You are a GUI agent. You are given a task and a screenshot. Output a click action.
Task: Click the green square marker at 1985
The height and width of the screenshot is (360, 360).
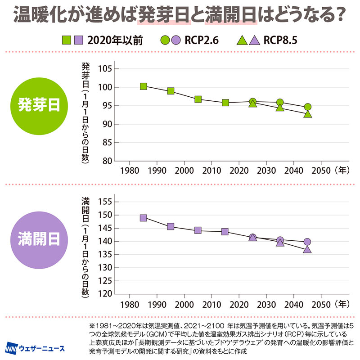pyautogui.click(x=144, y=86)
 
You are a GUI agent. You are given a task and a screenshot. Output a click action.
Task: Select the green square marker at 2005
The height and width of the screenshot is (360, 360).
pyautogui.click(x=198, y=99)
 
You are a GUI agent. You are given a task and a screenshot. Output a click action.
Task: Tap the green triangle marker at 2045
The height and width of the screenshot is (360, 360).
pyautogui.click(x=308, y=114)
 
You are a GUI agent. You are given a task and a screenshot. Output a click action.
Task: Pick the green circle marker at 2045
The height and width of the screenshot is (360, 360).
pyautogui.click(x=308, y=107)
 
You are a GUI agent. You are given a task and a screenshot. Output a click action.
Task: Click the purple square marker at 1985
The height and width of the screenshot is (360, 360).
pyautogui.click(x=144, y=218)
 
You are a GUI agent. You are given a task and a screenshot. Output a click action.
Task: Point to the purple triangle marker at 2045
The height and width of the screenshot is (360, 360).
pyautogui.click(x=307, y=249)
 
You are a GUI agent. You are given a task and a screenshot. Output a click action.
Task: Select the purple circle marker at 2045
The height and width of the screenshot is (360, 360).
pyautogui.click(x=307, y=242)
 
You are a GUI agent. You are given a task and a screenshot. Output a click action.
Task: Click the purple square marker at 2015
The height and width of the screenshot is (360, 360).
pyautogui.click(x=225, y=232)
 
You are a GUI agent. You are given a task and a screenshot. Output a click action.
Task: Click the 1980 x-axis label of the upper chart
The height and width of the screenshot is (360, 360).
pyautogui.click(x=130, y=171)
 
